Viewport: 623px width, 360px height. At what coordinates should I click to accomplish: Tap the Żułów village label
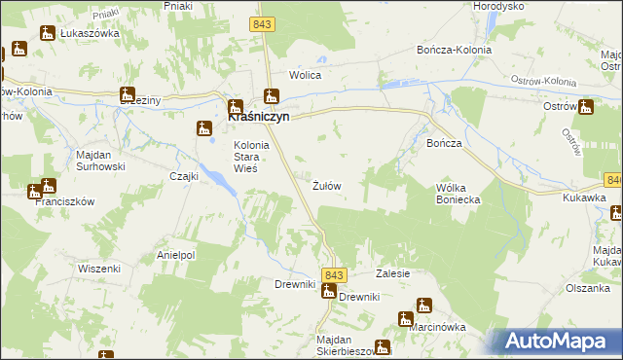click(327, 185)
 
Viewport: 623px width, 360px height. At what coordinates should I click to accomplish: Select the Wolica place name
click(305, 75)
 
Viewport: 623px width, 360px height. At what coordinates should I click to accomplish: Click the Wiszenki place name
click(98, 269)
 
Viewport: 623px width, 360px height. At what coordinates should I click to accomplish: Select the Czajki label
click(184, 176)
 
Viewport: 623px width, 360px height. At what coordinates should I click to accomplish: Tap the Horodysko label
click(499, 5)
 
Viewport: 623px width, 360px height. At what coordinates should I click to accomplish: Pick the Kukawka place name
click(584, 198)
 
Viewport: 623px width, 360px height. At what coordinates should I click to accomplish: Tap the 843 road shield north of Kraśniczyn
click(262, 23)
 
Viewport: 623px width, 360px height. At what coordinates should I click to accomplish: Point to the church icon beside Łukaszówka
click(46, 33)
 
